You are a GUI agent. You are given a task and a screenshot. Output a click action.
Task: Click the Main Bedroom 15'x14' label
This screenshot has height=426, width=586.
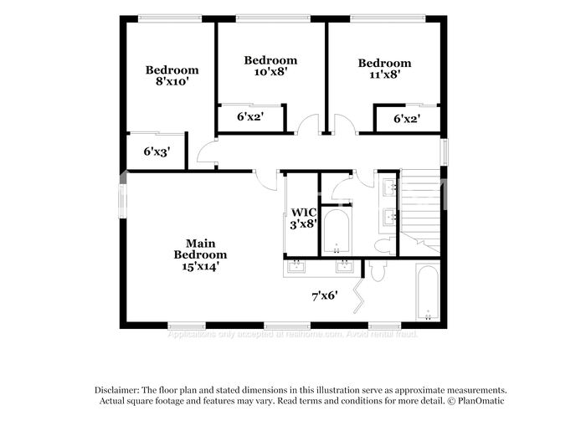click(x=200, y=254)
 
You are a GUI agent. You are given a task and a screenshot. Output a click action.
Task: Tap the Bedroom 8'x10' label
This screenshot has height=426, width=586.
click(x=172, y=76)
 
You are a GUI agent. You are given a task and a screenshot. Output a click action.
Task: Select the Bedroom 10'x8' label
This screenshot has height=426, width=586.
click(x=270, y=66)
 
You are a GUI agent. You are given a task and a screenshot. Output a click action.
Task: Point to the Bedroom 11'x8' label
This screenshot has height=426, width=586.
click(x=384, y=68)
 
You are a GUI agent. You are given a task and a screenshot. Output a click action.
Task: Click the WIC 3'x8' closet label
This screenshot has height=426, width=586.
click(x=303, y=218)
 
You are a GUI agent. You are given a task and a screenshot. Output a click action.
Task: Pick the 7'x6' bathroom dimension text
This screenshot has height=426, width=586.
click(x=324, y=295)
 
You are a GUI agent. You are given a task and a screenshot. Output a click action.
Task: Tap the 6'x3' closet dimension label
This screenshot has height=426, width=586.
click(x=156, y=152)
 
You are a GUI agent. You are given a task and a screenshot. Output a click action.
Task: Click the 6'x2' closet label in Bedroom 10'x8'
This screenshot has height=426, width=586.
click(x=249, y=118)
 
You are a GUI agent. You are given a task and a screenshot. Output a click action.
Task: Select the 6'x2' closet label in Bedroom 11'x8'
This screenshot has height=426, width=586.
click(x=406, y=119)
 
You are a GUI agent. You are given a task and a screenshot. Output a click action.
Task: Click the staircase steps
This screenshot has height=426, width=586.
click(x=421, y=205)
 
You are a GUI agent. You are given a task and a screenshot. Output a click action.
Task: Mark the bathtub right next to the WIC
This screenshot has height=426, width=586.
click(x=337, y=231)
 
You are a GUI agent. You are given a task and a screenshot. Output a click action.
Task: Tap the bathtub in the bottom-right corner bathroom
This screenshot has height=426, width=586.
click(x=428, y=293)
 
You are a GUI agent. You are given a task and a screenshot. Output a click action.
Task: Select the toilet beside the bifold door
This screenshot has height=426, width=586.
click(x=376, y=271)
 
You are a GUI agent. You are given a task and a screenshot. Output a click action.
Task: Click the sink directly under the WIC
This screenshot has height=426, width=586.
click(x=297, y=267)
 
